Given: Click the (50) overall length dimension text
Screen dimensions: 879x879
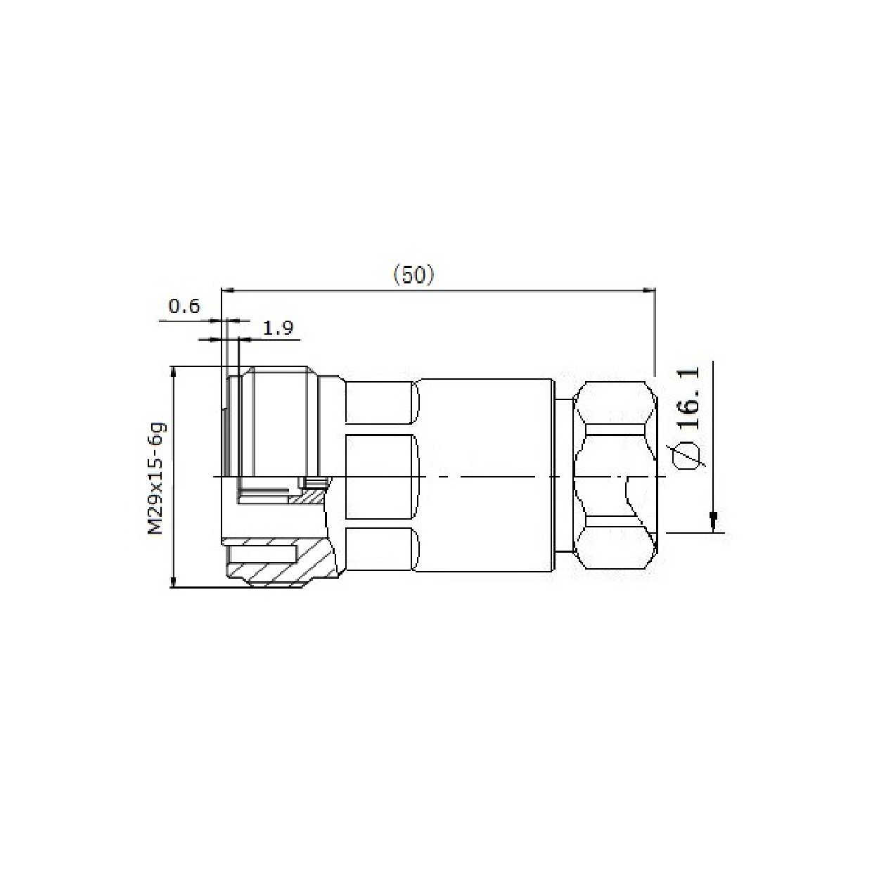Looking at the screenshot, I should point(413,275).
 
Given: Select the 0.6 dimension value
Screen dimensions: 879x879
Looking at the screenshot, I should point(184,307).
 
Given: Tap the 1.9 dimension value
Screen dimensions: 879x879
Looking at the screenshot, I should point(278,327).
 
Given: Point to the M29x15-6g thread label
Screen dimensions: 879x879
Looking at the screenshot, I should point(155,478).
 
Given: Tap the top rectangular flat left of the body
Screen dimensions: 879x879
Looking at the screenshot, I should point(380,403).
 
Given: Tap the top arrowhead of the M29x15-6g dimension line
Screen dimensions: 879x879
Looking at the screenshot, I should point(173,371).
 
